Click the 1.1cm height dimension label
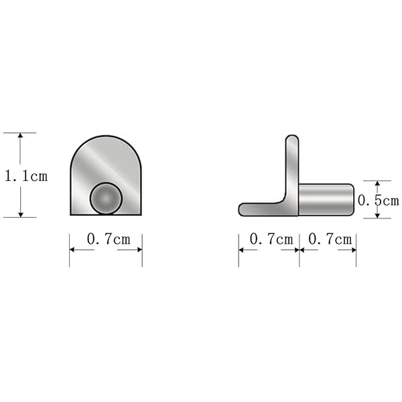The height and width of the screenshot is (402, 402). [x=26, y=176]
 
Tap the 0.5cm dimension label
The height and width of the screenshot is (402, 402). [x=379, y=200]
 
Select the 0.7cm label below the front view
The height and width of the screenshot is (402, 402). [x=109, y=239]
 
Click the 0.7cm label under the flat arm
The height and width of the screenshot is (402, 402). [x=271, y=239]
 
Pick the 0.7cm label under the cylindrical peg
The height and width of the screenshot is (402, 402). [x=330, y=239]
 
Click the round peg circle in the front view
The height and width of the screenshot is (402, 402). [x=106, y=198]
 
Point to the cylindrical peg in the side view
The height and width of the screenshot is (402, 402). [x=326, y=200]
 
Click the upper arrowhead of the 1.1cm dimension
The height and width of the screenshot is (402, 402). [x=21, y=135]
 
